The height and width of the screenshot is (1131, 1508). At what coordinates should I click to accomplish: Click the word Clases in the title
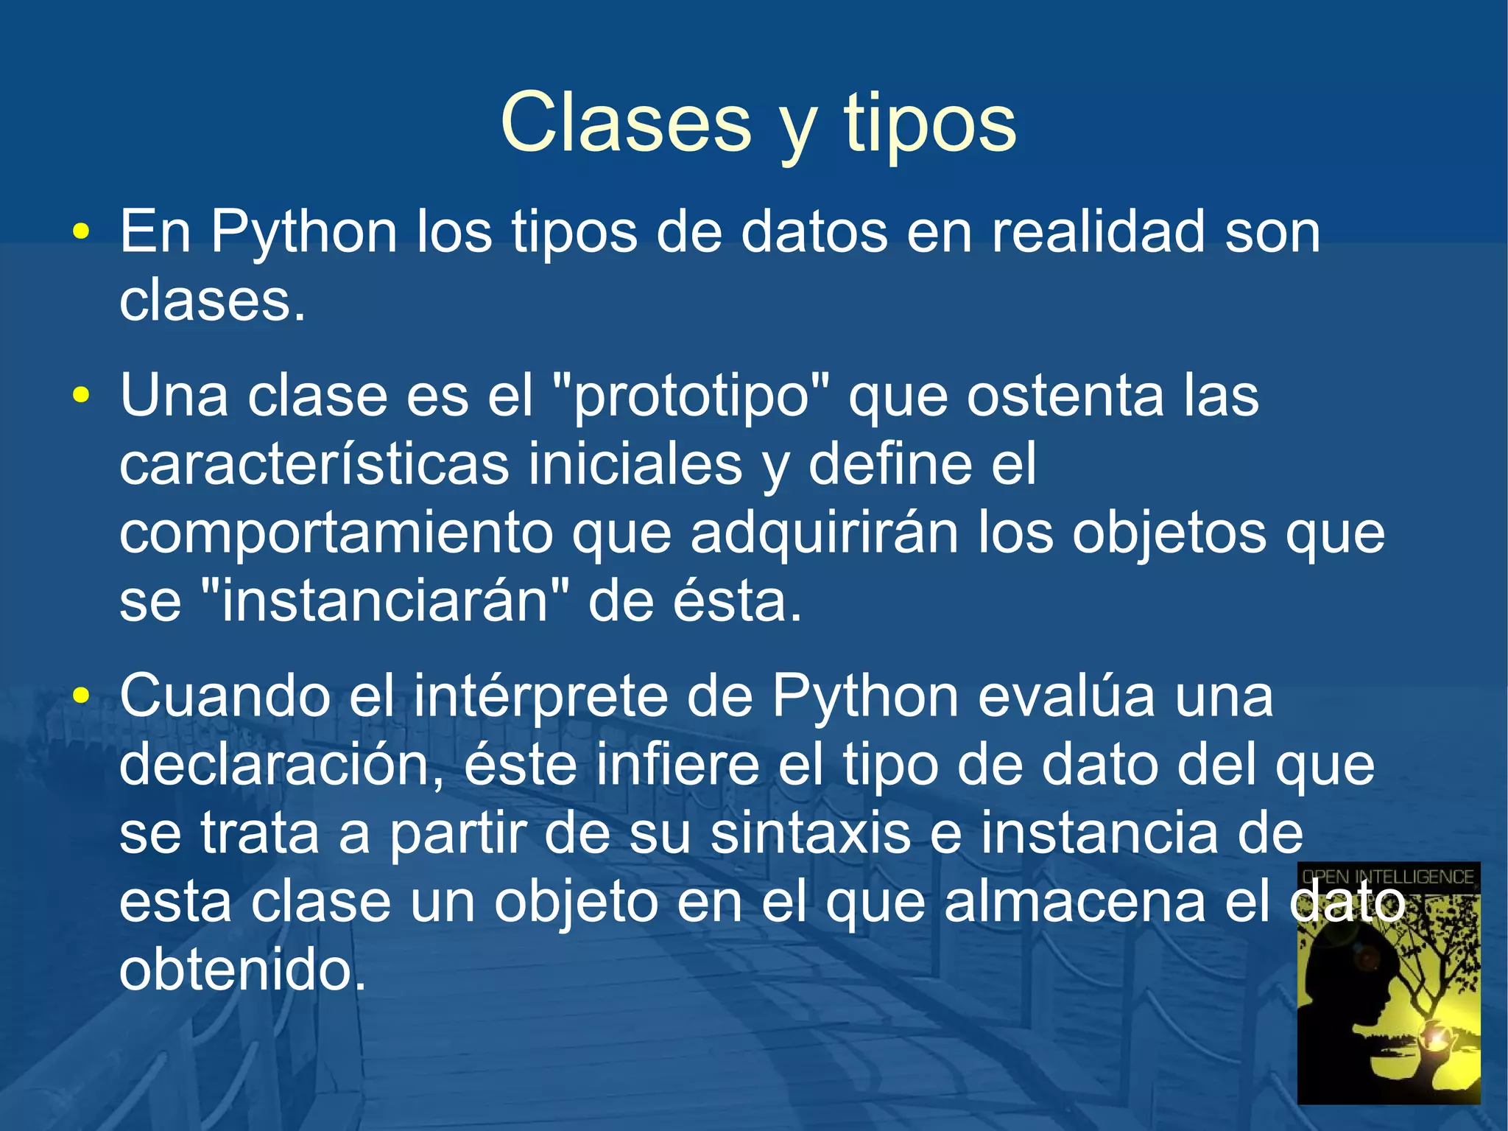(x=626, y=123)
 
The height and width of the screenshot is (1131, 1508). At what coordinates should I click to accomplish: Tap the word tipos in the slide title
(x=929, y=123)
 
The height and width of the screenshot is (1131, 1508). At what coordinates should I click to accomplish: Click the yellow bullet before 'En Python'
(x=81, y=233)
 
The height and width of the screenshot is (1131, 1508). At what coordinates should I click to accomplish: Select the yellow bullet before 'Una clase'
(x=81, y=396)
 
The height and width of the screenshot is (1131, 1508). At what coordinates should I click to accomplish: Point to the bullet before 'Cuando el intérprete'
(x=81, y=696)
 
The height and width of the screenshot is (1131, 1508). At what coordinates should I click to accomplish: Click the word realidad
(x=1099, y=233)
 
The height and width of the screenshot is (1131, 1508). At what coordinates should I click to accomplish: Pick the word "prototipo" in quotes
(x=690, y=396)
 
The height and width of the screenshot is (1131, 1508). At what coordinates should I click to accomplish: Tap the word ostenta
(x=1065, y=396)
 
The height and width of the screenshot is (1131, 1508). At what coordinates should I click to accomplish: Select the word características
(x=314, y=465)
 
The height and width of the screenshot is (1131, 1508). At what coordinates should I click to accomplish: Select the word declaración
(x=282, y=765)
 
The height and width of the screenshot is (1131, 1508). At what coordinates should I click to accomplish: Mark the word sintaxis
(x=811, y=833)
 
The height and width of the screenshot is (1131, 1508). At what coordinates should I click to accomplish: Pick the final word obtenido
(x=242, y=970)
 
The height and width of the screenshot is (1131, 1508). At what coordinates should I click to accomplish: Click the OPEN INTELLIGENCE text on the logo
(x=1388, y=877)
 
